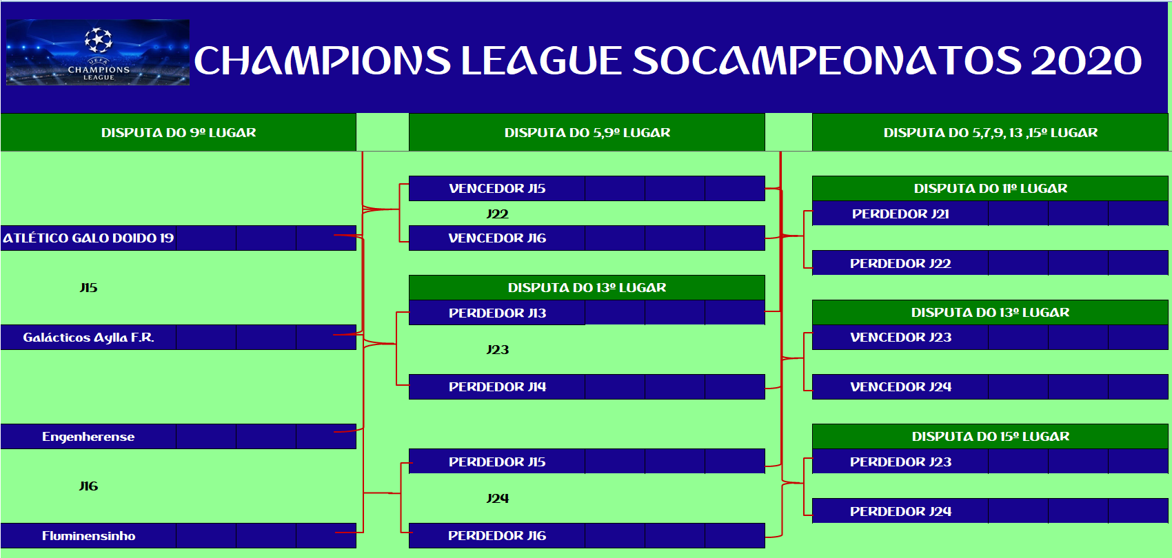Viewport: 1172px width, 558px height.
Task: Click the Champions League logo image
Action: click(98, 52)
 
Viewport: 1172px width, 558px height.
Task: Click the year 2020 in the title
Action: click(1087, 61)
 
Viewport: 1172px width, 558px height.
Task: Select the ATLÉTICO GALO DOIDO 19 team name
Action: click(88, 238)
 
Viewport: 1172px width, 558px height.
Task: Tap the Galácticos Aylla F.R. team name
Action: click(88, 338)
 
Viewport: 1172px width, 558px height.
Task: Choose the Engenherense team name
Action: click(88, 437)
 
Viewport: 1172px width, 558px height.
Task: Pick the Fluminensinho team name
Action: click(88, 535)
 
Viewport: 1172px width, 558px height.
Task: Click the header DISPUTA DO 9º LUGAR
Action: click(179, 132)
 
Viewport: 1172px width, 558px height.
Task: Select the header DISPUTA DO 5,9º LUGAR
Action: click(587, 132)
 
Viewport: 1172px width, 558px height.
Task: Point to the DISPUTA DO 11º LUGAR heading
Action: click(991, 188)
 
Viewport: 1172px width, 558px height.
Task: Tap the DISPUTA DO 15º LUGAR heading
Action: click(991, 436)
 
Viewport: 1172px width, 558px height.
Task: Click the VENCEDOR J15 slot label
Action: click(497, 188)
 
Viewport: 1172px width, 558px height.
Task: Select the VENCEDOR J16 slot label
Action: click(497, 238)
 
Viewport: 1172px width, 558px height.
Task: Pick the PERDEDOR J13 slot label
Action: click(497, 313)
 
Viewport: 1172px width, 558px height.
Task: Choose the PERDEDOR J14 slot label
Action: click(497, 386)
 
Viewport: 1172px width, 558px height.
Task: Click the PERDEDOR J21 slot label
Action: click(900, 214)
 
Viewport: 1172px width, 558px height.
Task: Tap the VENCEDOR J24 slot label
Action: click(900, 386)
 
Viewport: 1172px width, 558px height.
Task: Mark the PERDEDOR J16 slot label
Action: click(497, 535)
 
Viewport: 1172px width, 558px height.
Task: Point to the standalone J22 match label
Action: click(497, 214)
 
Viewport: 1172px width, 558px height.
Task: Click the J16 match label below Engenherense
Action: click(88, 486)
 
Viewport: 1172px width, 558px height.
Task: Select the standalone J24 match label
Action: click(497, 498)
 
